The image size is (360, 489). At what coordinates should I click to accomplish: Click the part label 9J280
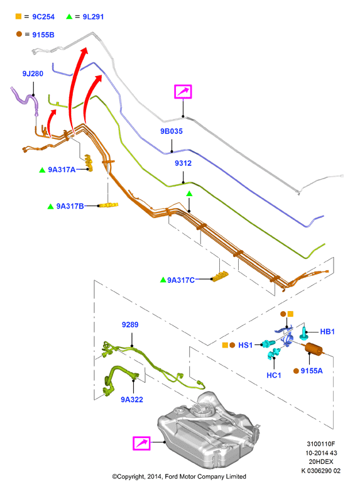point(33,74)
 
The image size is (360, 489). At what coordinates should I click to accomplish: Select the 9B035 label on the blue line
point(172,131)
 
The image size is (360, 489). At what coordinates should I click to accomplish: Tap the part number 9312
point(183,163)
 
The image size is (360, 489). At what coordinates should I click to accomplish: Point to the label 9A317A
point(62,170)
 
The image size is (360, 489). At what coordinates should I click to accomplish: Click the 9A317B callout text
point(70,206)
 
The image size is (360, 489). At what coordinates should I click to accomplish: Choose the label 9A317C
point(181,280)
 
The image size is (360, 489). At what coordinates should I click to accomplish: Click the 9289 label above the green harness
point(130,325)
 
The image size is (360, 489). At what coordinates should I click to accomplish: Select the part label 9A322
point(132,400)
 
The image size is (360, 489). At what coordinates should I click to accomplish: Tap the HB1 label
point(327,331)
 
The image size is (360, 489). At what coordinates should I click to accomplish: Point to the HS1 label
point(245,345)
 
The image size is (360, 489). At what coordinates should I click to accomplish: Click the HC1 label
point(274,375)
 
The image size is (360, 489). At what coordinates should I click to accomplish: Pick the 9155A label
point(312,371)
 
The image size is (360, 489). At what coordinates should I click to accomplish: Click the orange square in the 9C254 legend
point(18,16)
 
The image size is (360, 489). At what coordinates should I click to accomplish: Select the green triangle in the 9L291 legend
point(69,16)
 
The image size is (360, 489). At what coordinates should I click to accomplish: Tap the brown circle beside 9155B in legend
point(19,34)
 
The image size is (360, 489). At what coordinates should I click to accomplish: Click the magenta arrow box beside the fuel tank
point(142,443)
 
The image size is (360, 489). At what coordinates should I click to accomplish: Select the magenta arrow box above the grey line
point(183,91)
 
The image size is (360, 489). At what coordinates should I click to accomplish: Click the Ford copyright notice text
point(179,476)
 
